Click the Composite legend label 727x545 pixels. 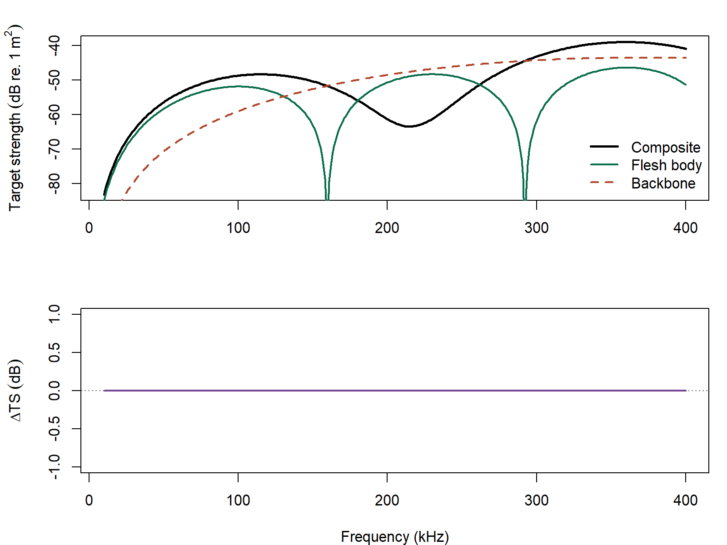click(666, 148)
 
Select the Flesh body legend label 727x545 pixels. click(666, 165)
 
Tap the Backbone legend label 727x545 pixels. click(663, 183)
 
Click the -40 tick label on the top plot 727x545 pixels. click(54, 45)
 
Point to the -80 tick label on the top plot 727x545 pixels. click(54, 183)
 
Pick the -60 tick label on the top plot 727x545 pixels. click(54, 114)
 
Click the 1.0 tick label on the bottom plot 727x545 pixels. click(54, 314)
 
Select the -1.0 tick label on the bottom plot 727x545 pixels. click(54, 466)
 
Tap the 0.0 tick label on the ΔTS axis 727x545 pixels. click(54, 391)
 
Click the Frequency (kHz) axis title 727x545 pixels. click(395, 536)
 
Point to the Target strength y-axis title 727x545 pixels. click(15, 118)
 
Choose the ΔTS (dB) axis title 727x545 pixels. click(15, 391)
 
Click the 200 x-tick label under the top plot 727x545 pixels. click(387, 228)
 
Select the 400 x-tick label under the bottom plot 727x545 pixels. click(685, 500)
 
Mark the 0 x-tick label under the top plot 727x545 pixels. click(89, 228)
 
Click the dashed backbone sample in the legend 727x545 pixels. click(604, 183)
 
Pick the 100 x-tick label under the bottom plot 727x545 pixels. click(238, 500)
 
